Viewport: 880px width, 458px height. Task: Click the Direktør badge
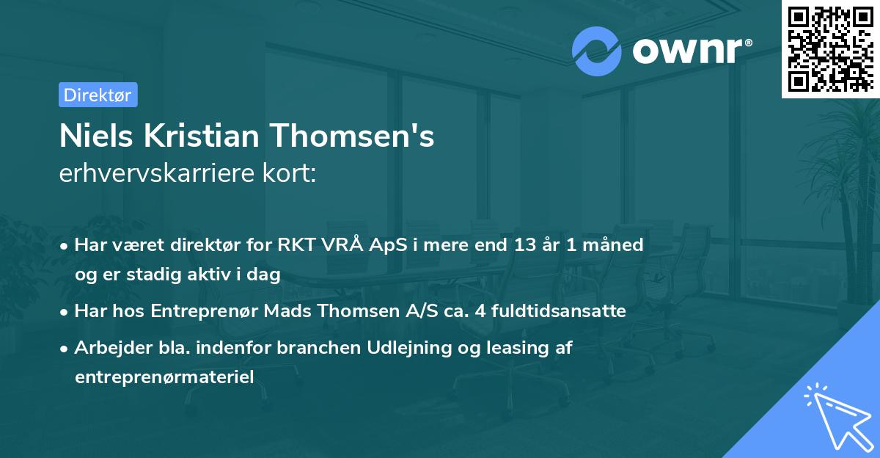point(98,95)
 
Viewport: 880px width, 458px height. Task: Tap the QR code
point(829,48)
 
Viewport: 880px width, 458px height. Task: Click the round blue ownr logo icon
point(597,51)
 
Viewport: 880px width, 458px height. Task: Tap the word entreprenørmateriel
point(164,377)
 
